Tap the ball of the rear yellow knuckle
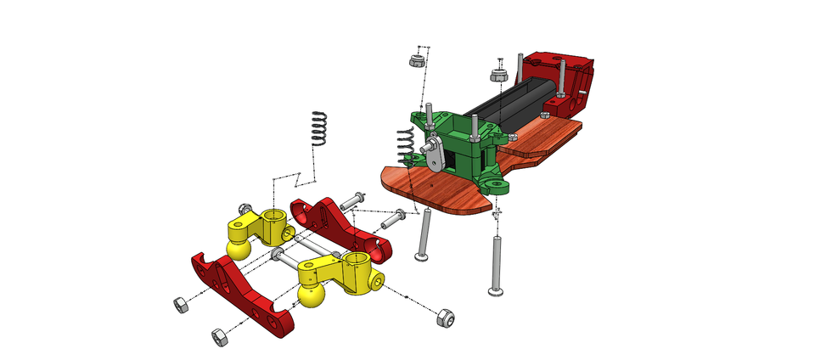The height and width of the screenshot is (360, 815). tap(239, 250)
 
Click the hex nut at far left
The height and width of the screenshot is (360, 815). tap(180, 304)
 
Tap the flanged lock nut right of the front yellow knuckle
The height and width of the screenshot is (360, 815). tap(443, 318)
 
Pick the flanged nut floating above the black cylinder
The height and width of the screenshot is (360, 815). tap(499, 75)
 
